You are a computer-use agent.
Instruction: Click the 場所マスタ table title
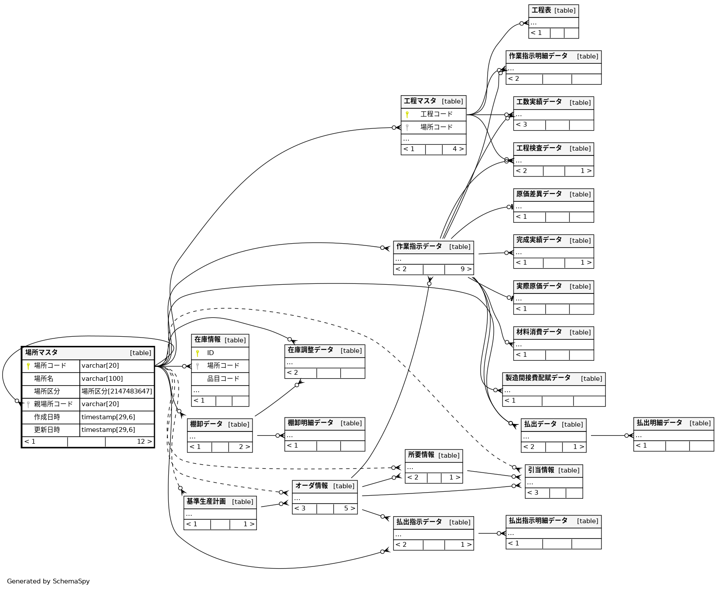[42, 352]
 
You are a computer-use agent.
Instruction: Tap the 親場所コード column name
[53, 404]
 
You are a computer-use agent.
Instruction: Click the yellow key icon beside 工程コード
[407, 114]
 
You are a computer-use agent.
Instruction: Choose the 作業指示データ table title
[419, 246]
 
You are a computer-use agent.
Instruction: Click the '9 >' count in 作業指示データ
[465, 269]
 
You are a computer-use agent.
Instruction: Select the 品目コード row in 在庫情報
[223, 379]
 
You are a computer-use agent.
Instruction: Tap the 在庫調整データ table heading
[311, 350]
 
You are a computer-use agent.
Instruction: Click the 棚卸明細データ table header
[311, 423]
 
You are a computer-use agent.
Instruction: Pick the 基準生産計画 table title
[207, 501]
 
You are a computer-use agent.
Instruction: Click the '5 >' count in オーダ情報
[349, 508]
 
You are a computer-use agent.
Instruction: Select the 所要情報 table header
[421, 455]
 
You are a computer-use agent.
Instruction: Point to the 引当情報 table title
[541, 470]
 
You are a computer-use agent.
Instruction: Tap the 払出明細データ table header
[659, 423]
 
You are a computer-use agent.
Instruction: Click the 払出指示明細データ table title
[538, 521]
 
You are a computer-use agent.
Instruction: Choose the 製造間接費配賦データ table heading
[538, 378]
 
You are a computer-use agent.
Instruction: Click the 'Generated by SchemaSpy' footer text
[48, 581]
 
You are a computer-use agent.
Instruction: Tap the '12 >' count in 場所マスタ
[144, 442]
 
